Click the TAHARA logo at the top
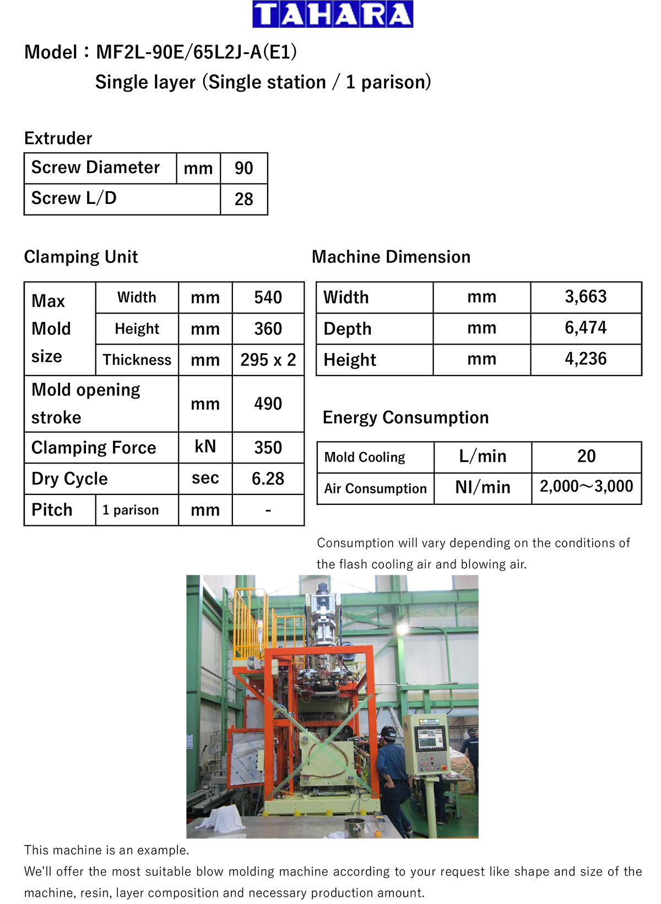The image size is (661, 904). (333, 14)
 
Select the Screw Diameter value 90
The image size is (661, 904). (243, 168)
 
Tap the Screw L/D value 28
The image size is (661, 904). (243, 199)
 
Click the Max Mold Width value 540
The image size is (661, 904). (268, 298)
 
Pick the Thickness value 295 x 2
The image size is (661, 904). (268, 360)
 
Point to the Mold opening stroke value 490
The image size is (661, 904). (268, 404)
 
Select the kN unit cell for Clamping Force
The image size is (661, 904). (205, 447)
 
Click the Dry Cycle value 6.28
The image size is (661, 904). (268, 478)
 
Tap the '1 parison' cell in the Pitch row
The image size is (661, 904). (131, 510)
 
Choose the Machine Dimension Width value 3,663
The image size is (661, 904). (586, 297)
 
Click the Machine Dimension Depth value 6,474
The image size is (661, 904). (586, 328)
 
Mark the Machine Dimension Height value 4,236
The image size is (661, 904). (586, 359)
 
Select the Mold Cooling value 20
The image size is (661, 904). (586, 456)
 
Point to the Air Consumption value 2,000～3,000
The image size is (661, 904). (586, 487)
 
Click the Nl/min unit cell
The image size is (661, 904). (483, 487)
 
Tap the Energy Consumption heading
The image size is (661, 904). (405, 418)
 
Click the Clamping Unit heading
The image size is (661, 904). (81, 257)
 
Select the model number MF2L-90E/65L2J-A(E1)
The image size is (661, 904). (196, 52)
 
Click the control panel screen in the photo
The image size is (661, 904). (431, 739)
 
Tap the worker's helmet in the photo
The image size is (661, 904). (389, 732)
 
